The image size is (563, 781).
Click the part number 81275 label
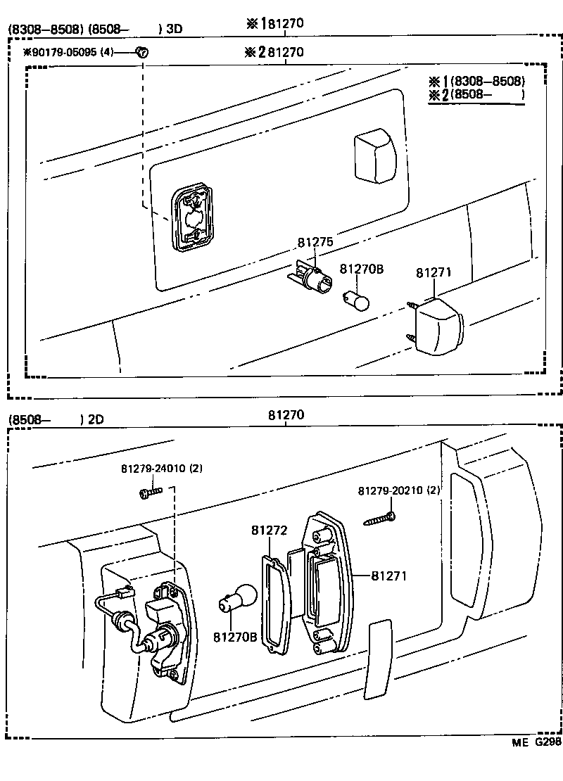click(315, 241)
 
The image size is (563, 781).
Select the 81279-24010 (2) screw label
click(162, 469)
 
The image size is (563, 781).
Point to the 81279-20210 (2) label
click(399, 490)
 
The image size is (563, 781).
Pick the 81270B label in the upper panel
click(361, 269)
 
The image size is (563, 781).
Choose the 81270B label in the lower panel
click(235, 636)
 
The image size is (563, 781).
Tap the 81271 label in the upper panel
click(434, 273)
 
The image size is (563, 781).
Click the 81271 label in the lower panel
click(389, 576)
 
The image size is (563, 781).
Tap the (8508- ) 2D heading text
click(56, 420)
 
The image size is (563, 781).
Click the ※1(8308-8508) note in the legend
click(477, 80)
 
